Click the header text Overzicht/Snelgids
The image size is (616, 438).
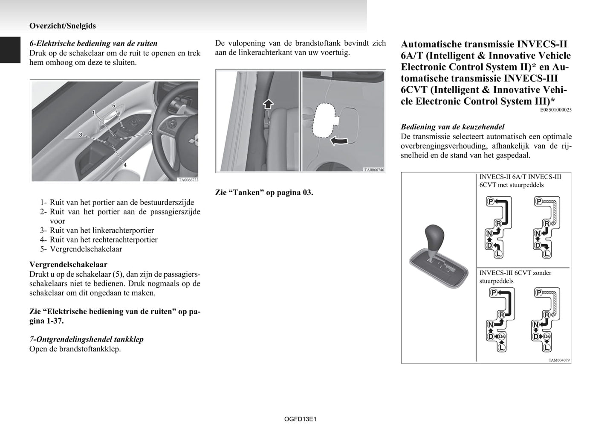click(63, 26)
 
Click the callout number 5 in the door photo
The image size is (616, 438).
click(114, 105)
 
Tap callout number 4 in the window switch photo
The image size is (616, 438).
click(125, 165)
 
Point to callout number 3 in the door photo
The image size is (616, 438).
click(80, 135)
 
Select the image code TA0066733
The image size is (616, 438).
click(188, 180)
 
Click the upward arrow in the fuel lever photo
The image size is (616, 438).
click(267, 103)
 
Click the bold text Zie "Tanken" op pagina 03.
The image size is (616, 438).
click(264, 193)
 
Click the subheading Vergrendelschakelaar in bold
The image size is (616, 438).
click(68, 265)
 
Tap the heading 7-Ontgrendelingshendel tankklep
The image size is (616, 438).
click(86, 339)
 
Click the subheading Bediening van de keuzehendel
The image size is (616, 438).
click(452, 127)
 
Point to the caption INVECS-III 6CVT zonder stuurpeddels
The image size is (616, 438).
click(515, 277)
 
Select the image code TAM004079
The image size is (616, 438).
click(559, 360)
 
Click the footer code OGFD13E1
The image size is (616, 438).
click(300, 420)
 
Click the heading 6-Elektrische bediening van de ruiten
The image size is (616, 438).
click(93, 44)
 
